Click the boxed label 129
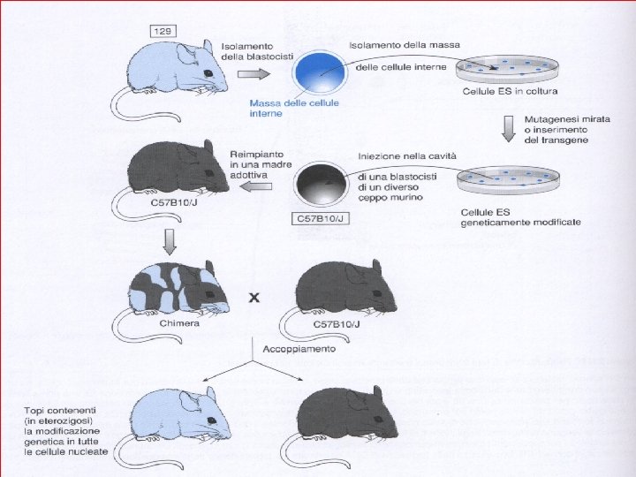pyautogui.click(x=163, y=32)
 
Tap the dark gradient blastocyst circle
pyautogui.click(x=321, y=186)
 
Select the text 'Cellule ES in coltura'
pyautogui.click(x=510, y=92)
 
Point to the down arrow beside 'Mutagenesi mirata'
pyautogui.click(x=507, y=128)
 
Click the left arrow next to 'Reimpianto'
pyautogui.click(x=257, y=185)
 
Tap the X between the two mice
pyautogui.click(x=254, y=299)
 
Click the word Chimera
pyautogui.click(x=181, y=323)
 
